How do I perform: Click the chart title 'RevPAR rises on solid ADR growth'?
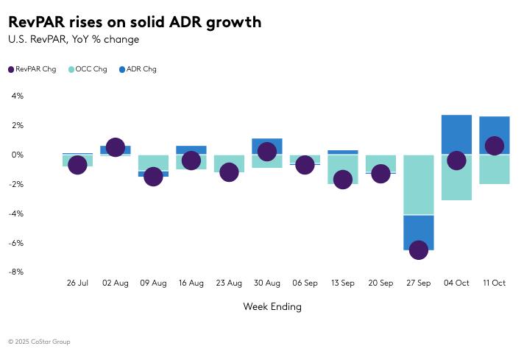(x=135, y=22)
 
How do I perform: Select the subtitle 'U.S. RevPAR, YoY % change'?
(x=74, y=40)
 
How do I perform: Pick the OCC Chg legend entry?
(x=88, y=69)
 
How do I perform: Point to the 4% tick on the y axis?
(x=18, y=96)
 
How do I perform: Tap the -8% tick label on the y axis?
(x=16, y=272)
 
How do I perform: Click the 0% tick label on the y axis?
(x=18, y=155)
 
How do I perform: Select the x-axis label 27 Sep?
(x=418, y=283)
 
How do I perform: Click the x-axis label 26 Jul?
(x=77, y=283)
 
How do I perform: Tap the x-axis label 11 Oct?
(x=494, y=283)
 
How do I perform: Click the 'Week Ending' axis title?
(x=272, y=306)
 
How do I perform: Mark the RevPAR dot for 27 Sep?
(x=418, y=250)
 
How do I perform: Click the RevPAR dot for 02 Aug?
(x=115, y=147)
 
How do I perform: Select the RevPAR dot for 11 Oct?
(x=495, y=146)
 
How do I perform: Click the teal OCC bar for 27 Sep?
(x=418, y=184)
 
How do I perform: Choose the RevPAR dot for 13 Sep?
(x=342, y=179)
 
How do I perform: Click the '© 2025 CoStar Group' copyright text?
(x=40, y=342)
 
